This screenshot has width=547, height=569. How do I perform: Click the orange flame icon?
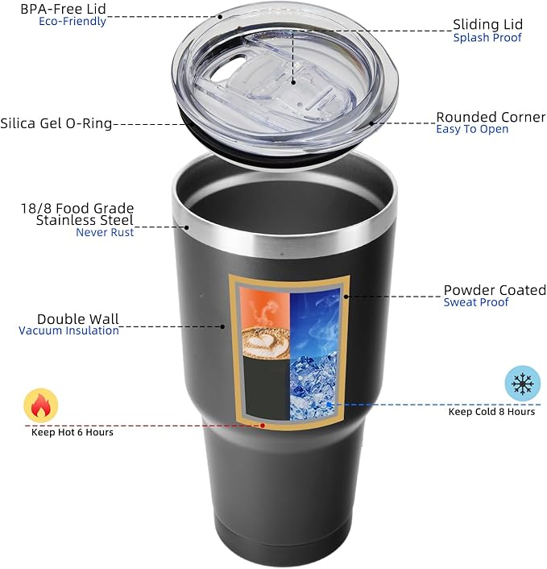pos(40,405)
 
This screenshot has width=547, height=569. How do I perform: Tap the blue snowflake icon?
pos(522,384)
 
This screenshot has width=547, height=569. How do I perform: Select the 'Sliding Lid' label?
pos(487,24)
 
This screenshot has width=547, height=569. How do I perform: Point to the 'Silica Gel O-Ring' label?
pos(56,124)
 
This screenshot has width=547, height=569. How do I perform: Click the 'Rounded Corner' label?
pos(491,117)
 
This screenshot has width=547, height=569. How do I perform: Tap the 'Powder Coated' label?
pos(495,290)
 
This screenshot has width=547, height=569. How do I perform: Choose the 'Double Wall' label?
pos(74,318)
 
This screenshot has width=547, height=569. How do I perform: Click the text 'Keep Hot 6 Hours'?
pos(73,432)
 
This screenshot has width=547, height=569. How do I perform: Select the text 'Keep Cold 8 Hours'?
pos(491,411)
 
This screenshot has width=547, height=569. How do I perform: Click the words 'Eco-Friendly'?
pos(73,22)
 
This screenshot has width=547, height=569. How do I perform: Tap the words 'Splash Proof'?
pos(487,38)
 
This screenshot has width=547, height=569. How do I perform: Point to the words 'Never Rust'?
pos(105,232)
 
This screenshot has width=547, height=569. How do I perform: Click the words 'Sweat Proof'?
pos(476,302)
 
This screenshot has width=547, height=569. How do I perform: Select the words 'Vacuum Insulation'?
pos(69,330)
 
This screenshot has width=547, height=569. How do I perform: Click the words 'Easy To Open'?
pos(472,129)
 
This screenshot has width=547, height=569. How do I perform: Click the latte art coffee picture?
pos(264,331)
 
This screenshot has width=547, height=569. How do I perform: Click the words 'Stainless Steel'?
pos(85,220)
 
